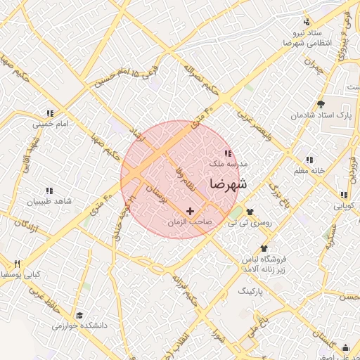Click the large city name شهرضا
pyautogui.click(x=229, y=184)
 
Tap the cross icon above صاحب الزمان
pyautogui.click(x=190, y=211)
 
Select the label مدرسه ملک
pyautogui.click(x=226, y=162)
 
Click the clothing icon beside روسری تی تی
pyautogui.click(x=250, y=211)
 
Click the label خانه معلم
pyautogui.click(x=309, y=170)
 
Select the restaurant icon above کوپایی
pyautogui.click(x=344, y=195)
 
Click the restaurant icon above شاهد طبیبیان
pyautogui.click(x=49, y=191)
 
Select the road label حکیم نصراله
pyautogui.click(x=202, y=80)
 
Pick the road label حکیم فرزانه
pyautogui.click(x=186, y=289)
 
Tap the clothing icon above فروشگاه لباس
pyautogui.click(x=264, y=248)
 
